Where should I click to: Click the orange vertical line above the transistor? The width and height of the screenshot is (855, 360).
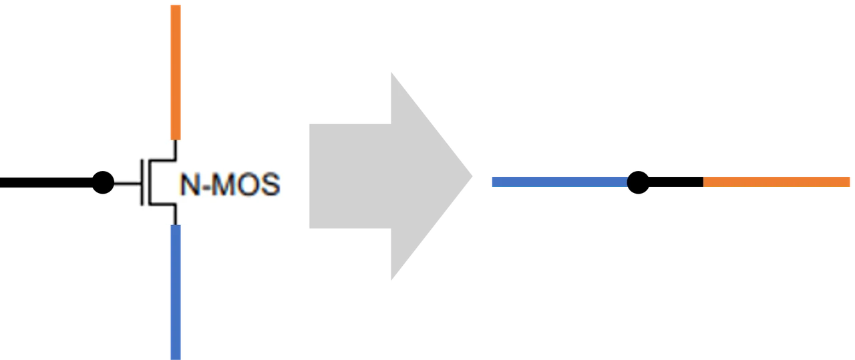[x=176, y=72]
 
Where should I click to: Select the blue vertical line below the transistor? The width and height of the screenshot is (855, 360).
[x=176, y=292]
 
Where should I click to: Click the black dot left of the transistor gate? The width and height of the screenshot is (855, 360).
[x=103, y=182]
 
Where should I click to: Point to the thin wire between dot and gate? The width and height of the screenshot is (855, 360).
[x=128, y=184]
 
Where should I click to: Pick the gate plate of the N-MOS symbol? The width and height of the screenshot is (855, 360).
[x=142, y=182]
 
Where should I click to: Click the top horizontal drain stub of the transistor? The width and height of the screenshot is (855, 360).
[x=162, y=160]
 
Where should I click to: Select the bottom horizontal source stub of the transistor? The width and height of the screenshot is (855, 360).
[x=162, y=205]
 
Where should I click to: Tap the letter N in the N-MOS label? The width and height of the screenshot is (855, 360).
[x=190, y=184]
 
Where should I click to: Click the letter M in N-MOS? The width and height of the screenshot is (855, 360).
[x=223, y=184]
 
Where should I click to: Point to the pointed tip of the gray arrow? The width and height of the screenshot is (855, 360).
[x=472, y=176]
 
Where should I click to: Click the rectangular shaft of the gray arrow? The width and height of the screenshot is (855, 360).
[x=351, y=176]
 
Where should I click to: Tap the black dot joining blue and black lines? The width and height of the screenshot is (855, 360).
[x=638, y=182]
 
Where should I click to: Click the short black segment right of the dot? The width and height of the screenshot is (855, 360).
[x=676, y=182]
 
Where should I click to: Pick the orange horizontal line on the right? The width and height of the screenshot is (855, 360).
[x=777, y=182]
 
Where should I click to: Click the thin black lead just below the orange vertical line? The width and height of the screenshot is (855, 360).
[x=176, y=150]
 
